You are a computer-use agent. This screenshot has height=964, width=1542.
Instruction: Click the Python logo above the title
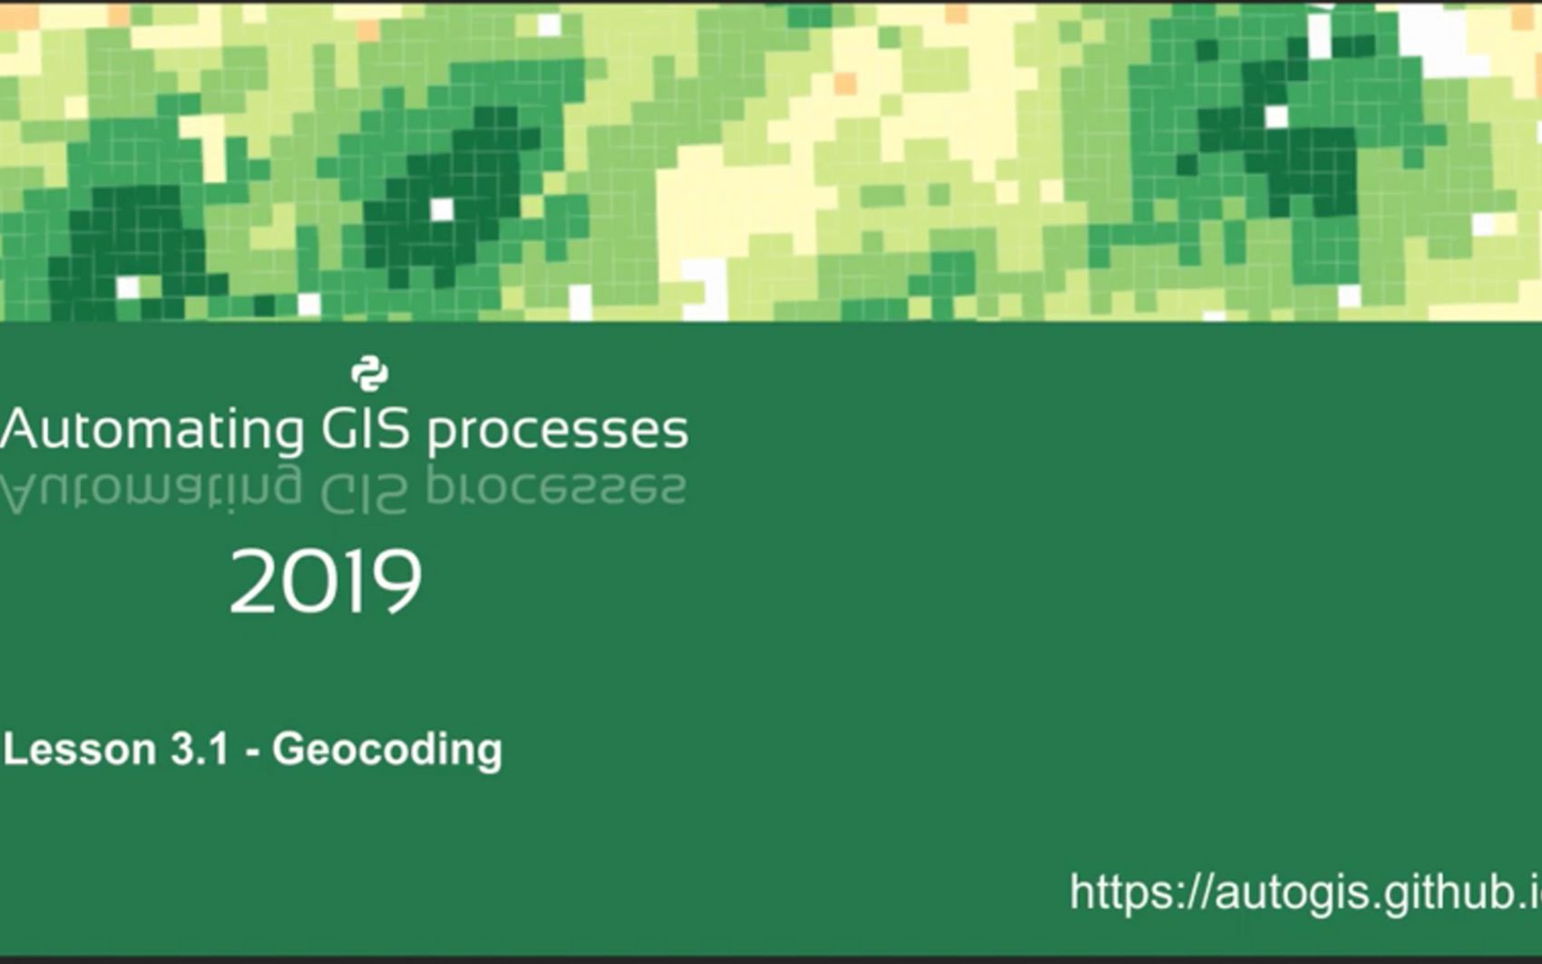pos(370,375)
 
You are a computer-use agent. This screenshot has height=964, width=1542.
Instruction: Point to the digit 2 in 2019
pos(252,580)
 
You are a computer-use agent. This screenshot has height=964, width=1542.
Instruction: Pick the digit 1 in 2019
pos(346,580)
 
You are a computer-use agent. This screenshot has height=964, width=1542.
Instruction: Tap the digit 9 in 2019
pos(395,581)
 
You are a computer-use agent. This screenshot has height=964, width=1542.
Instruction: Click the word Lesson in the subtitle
pos(80,749)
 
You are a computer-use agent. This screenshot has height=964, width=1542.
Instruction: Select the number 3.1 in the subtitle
pos(199,749)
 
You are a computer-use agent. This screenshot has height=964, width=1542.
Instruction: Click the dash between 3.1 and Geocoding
pos(253,753)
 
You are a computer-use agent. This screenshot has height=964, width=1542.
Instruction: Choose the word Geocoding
pos(387,750)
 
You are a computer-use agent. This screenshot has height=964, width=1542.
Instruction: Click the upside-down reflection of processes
pos(556,487)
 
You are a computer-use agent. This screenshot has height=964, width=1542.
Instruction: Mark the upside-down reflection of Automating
pos(151,490)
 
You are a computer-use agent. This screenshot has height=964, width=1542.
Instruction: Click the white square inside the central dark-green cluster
pos(442,209)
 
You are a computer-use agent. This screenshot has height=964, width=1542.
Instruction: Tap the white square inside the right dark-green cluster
pos(1276,117)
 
